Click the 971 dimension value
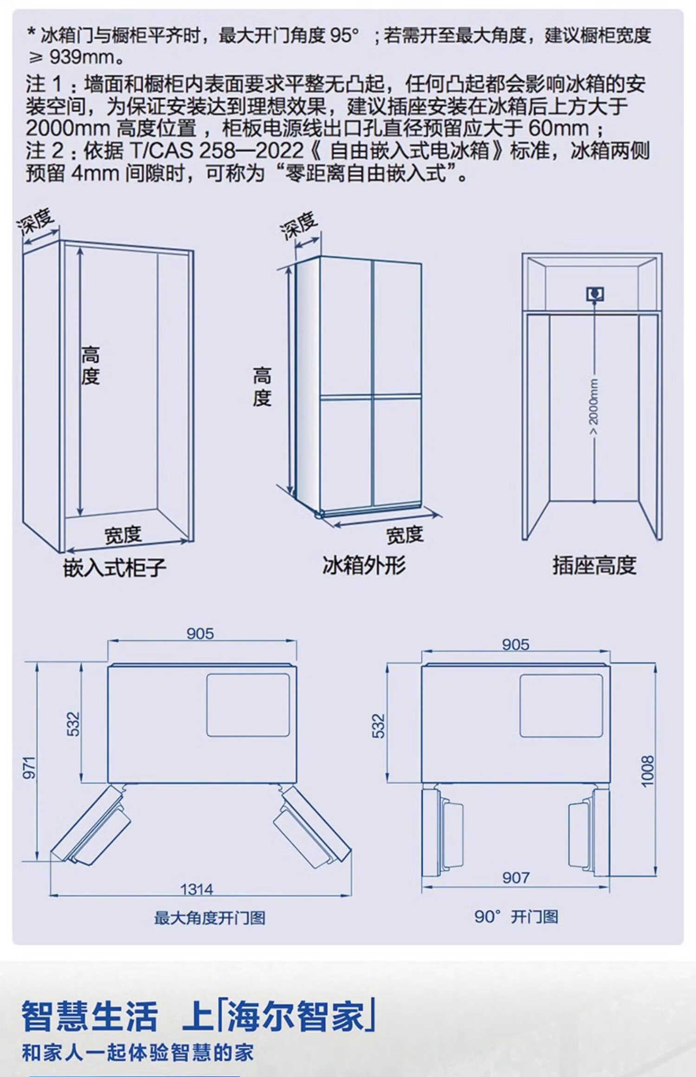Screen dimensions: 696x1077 pos(29,767)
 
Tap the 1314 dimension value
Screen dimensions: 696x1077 pos(197,889)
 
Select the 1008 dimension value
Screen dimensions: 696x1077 pos(648,771)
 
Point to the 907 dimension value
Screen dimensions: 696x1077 pos(516,877)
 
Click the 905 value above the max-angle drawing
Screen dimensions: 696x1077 pos(200,633)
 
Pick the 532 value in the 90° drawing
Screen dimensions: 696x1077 pos(379,726)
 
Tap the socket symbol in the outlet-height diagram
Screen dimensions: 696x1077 pos(594,294)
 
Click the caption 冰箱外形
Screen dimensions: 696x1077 pos(364,565)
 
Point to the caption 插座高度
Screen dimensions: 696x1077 pos(594,565)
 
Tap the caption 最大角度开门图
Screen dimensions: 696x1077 pos(210,917)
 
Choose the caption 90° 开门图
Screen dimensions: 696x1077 pos(516,916)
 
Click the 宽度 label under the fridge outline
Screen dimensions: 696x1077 pos(405,535)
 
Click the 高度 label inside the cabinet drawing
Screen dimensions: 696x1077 pos(90,365)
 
